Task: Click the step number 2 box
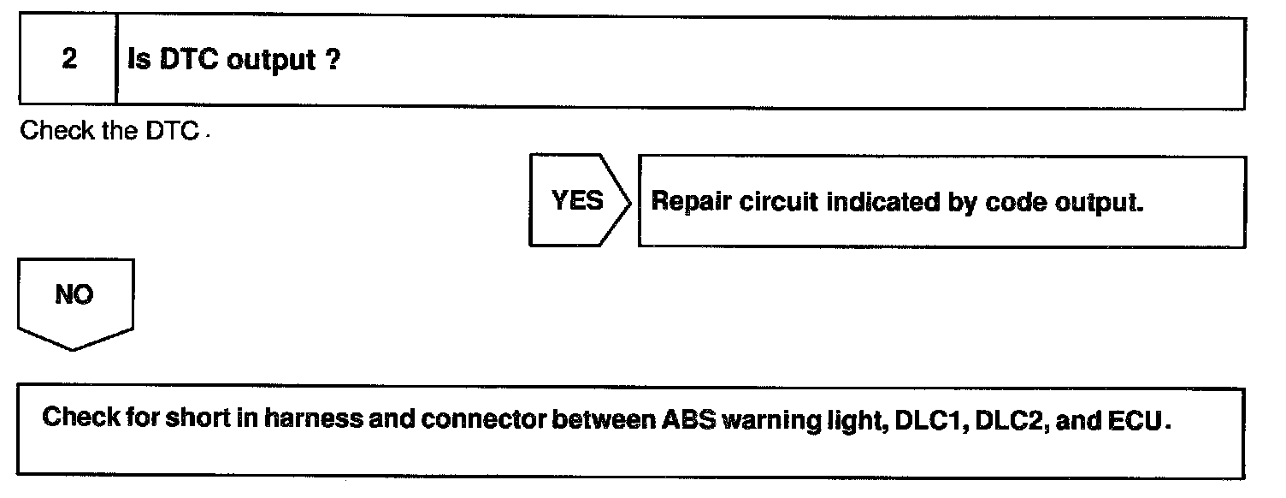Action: click(x=68, y=61)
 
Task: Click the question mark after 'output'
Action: click(x=333, y=61)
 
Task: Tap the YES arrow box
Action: click(x=578, y=201)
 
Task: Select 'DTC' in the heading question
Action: click(x=192, y=61)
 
